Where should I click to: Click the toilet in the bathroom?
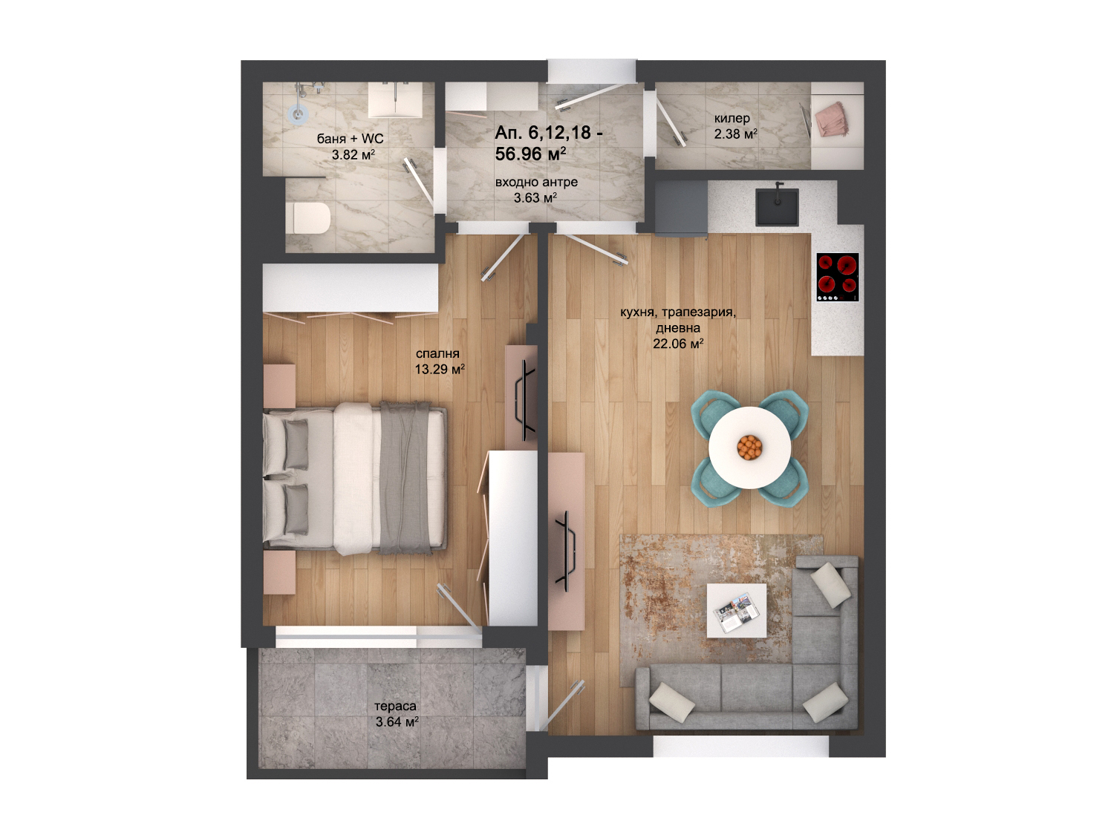point(308,218)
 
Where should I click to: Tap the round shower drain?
point(299,114)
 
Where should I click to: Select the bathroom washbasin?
point(395,100)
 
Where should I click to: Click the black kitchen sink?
point(777,206)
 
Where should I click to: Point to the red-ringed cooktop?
point(838,277)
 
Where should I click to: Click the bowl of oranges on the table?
point(749,448)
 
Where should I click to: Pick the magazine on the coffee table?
point(736,612)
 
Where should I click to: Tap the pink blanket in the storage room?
point(832,119)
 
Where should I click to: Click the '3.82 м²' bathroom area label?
point(354,154)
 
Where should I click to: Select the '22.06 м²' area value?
point(678,344)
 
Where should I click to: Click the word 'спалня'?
point(437,353)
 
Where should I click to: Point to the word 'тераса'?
point(395,706)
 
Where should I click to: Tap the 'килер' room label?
point(732,119)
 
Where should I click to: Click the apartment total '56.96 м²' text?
point(530,154)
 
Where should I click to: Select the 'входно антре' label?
point(536,182)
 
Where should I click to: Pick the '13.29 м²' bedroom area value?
point(440,369)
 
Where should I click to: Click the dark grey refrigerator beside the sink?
point(681,209)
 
